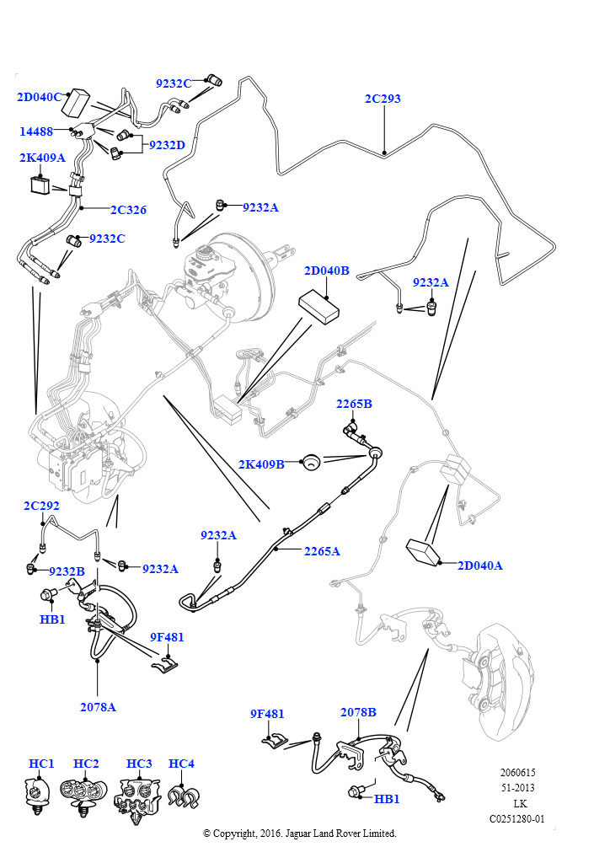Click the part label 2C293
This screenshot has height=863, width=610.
[383, 99]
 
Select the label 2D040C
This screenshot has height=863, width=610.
[39, 97]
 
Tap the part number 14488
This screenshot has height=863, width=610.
[37, 131]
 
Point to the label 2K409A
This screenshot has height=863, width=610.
[42, 158]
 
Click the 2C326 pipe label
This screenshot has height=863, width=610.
[128, 210]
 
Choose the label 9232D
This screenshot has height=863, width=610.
[167, 145]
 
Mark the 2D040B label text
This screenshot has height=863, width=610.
[326, 271]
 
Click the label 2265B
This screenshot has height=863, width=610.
[354, 404]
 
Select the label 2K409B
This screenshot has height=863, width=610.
[260, 464]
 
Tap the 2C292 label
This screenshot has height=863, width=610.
[41, 506]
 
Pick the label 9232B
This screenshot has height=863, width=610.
[67, 571]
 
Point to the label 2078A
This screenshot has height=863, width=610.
[98, 707]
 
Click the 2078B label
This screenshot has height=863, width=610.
[358, 712]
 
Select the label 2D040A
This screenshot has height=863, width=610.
[479, 566]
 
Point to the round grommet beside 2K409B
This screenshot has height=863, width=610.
[312, 462]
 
